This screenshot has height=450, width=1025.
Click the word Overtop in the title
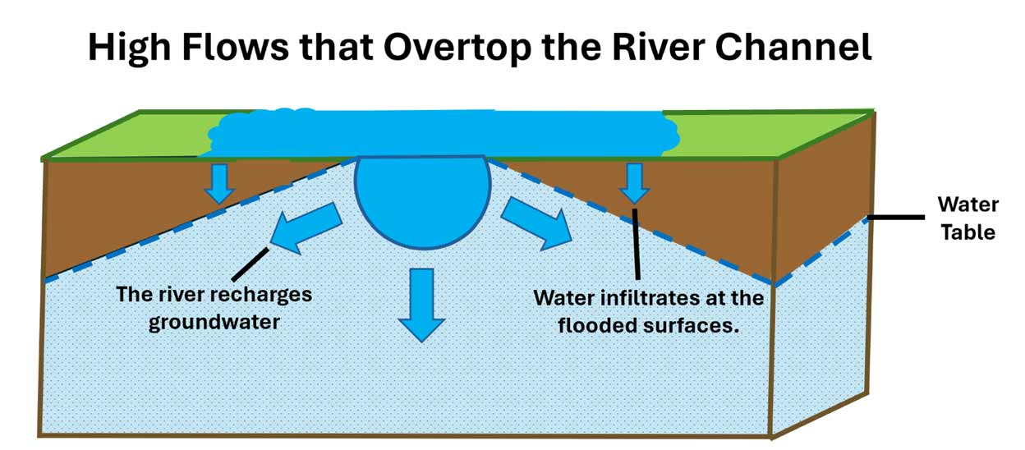[x=457, y=48]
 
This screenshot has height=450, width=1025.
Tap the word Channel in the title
[x=793, y=47]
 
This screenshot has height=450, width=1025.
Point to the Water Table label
[x=968, y=218]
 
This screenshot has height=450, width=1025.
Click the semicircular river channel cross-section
[x=422, y=200]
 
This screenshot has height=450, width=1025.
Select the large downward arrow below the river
[x=421, y=305]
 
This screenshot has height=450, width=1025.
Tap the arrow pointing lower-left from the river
[x=306, y=228]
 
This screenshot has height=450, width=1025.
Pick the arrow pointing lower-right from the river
[x=536, y=224]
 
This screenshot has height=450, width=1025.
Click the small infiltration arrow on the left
[x=219, y=184]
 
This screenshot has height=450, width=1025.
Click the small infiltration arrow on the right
[x=634, y=183]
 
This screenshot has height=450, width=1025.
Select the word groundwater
[x=214, y=323]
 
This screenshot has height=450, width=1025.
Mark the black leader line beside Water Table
[x=896, y=218]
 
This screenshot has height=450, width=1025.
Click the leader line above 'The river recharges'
[x=251, y=264]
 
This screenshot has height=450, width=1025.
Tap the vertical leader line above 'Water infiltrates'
[x=636, y=244]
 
